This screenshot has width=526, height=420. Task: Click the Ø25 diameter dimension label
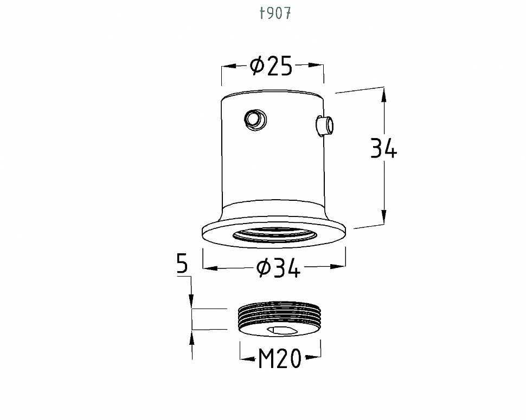pyautogui.click(x=271, y=67)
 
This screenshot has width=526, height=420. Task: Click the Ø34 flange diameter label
pyautogui.click(x=278, y=268)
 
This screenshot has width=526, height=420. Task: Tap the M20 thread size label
pyautogui.click(x=280, y=359)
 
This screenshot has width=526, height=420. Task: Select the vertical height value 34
pyautogui.click(x=383, y=148)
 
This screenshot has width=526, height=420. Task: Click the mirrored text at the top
pyautogui.click(x=275, y=14)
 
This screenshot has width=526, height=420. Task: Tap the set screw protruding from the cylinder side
pyautogui.click(x=325, y=126)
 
